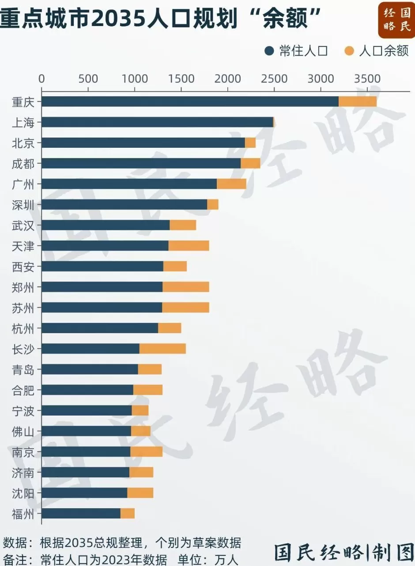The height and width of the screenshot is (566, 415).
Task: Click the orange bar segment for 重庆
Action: (358, 101)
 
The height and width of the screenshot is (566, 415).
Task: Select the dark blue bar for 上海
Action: (157, 122)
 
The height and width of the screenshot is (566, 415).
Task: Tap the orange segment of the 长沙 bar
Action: (162, 349)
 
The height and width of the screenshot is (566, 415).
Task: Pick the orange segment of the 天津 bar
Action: (189, 246)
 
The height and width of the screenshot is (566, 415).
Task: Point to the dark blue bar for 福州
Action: (81, 514)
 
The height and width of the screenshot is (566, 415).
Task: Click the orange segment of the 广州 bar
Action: (231, 184)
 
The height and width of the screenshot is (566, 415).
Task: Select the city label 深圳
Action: (23, 205)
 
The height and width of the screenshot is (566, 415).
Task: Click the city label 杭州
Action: (23, 328)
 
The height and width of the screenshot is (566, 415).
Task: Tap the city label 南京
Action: (23, 452)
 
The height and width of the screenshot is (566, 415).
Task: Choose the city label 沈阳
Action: (23, 493)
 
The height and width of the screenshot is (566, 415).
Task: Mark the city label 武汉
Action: (23, 225)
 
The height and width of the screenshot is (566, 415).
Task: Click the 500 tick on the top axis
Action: (88, 79)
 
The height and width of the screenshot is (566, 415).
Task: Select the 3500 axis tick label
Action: (367, 79)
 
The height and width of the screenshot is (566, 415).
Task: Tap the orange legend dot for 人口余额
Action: (349, 51)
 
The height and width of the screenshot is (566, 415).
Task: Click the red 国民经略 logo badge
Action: (396, 20)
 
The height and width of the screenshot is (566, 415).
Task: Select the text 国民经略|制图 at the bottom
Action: (343, 551)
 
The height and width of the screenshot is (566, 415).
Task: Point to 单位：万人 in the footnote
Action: (208, 559)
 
